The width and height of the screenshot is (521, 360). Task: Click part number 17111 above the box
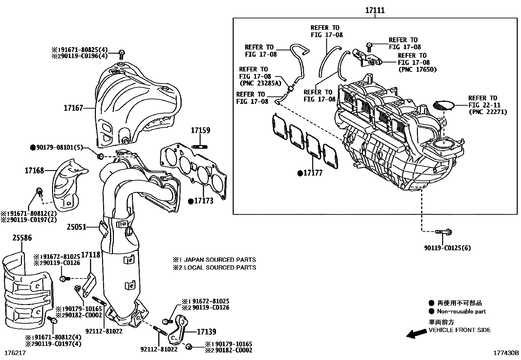click(x=375, y=10)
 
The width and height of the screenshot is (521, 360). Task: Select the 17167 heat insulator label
click(x=73, y=108)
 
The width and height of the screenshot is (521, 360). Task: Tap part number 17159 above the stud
click(x=201, y=130)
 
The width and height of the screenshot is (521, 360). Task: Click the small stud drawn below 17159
click(x=201, y=146)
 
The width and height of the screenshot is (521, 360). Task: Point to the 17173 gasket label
click(x=204, y=201)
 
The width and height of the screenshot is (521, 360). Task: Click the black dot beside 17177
click(x=300, y=173)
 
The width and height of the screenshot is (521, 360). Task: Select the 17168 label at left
click(x=34, y=170)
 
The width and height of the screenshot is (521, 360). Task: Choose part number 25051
click(x=77, y=227)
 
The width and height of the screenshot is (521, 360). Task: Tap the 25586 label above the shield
click(x=22, y=238)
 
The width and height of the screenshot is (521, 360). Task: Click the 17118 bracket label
click(x=91, y=255)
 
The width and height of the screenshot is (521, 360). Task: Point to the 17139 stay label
click(x=206, y=332)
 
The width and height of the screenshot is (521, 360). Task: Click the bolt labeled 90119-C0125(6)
click(x=444, y=232)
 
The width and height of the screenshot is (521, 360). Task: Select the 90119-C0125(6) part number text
click(x=447, y=248)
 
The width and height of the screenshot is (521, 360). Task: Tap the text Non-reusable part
click(x=461, y=312)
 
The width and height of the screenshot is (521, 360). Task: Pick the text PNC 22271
click(x=488, y=112)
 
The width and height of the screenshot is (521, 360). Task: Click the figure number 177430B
click(x=506, y=353)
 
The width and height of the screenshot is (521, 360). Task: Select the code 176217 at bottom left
click(x=15, y=353)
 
